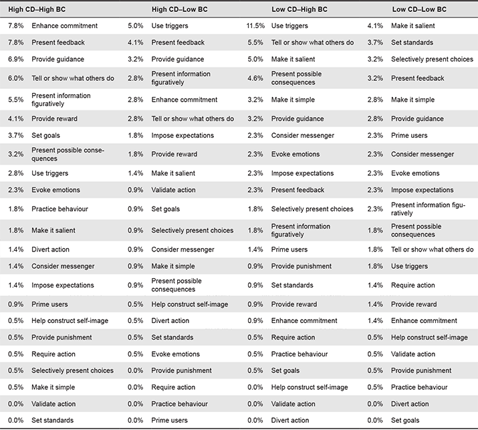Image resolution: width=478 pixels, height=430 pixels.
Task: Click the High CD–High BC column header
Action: point(37,9)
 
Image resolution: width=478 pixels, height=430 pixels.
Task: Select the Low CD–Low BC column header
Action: point(419,9)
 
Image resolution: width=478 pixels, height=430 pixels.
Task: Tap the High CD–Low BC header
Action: point(180,9)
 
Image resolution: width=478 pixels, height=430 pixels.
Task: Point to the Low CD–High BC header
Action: point(300,9)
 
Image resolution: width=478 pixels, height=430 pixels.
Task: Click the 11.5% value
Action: point(255,26)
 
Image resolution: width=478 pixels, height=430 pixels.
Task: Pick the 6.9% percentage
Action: point(16,59)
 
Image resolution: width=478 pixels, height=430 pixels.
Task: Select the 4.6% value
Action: point(255,78)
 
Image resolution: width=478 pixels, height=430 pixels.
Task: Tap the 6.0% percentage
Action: point(16,78)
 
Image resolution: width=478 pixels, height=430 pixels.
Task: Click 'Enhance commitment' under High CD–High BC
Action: point(65,26)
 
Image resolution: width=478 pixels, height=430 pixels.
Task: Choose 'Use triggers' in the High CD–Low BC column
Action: point(170,26)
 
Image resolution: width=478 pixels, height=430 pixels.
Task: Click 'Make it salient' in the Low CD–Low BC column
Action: point(413,26)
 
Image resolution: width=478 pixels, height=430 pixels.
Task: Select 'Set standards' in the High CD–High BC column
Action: point(52,420)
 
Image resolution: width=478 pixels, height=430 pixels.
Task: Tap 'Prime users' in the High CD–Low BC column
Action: point(170,420)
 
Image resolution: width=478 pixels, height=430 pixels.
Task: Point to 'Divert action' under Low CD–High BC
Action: point(290,420)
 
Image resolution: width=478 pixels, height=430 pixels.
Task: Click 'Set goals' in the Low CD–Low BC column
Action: point(405,420)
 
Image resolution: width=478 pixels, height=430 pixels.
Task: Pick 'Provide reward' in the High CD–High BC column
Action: point(55,118)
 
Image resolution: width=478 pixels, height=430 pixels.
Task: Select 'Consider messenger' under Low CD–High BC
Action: point(303,135)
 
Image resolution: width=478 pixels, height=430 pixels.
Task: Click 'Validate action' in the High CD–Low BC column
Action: point(173,190)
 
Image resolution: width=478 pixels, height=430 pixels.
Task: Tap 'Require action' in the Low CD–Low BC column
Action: point(413,285)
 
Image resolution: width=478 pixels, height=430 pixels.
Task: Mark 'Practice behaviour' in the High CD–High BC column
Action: point(59,209)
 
